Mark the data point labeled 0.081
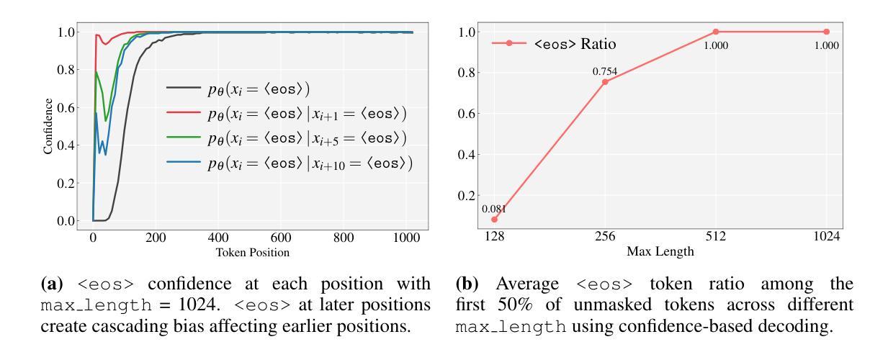(x=494, y=219)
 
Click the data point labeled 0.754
(x=605, y=82)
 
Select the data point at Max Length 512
(x=715, y=32)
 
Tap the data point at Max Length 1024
(x=826, y=32)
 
